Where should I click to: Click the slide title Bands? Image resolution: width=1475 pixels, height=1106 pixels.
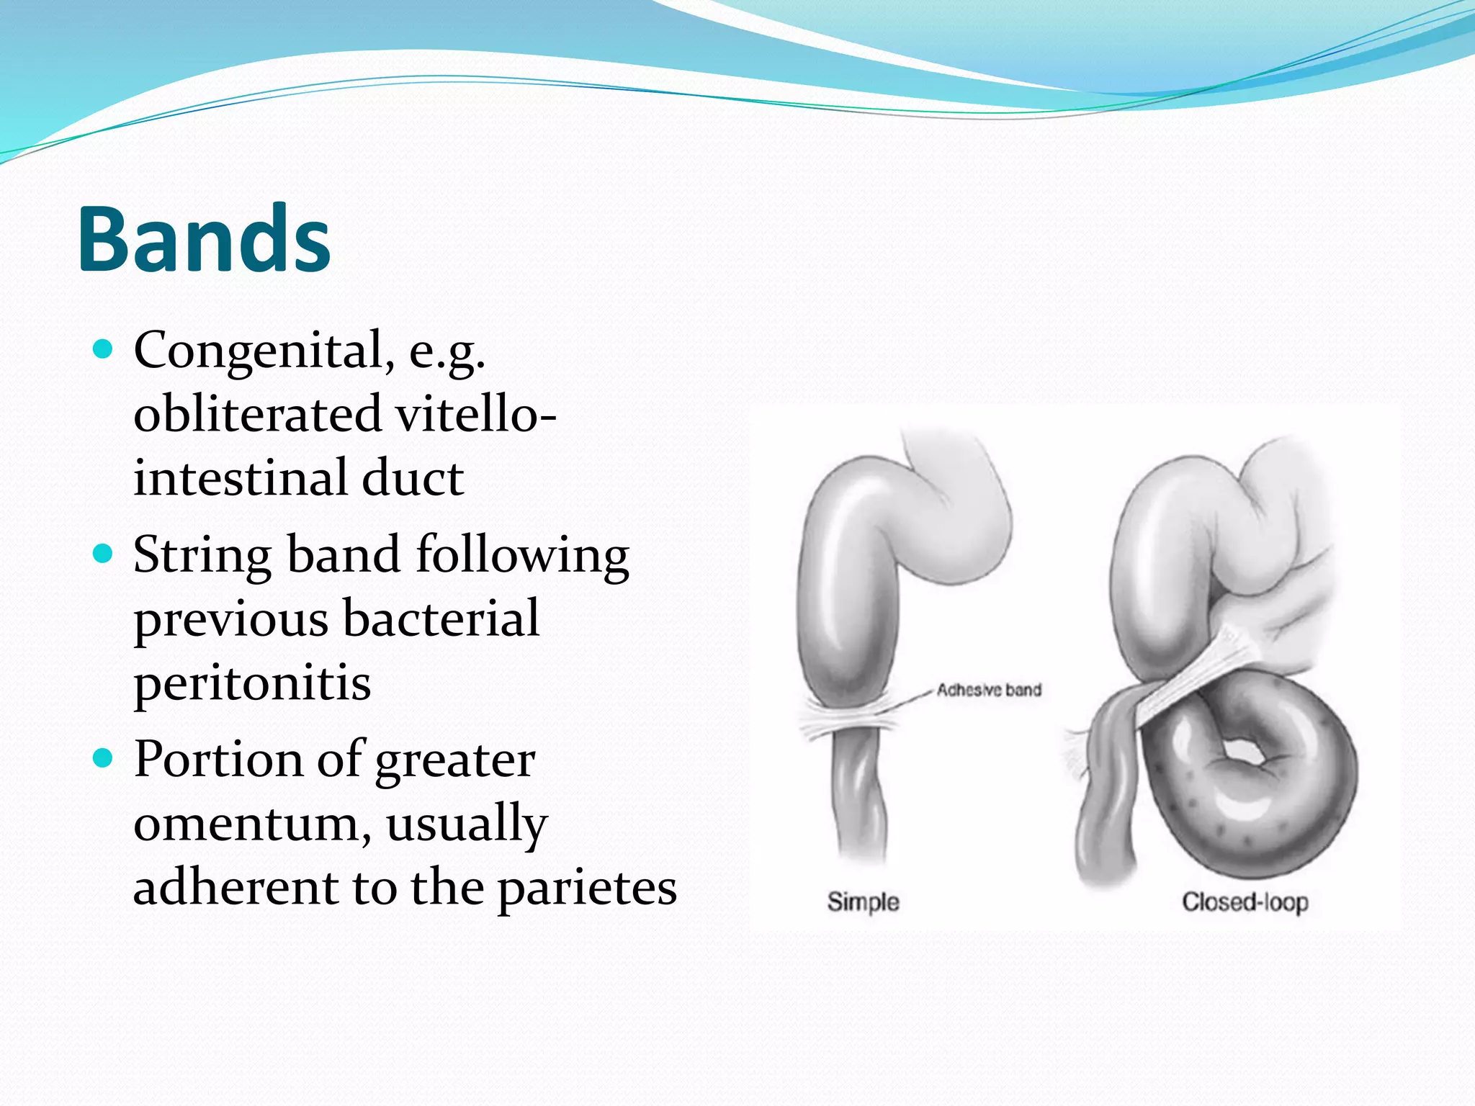click(204, 239)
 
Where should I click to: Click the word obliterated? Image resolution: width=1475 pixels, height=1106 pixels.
click(257, 414)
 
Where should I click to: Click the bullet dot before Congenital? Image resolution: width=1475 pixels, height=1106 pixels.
click(104, 350)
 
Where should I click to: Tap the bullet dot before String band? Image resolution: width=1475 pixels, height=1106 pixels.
click(104, 554)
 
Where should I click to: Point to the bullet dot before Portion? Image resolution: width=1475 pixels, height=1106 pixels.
click(104, 758)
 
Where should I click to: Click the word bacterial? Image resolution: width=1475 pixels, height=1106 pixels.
click(441, 619)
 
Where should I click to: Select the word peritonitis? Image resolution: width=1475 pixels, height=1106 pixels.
click(252, 683)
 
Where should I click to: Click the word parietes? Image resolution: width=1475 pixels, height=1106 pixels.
click(587, 887)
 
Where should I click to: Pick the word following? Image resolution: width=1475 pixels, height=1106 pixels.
click(522, 555)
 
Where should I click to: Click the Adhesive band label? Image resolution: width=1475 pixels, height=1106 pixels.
click(988, 690)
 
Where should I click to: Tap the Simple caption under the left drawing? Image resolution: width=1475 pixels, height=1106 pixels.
click(863, 902)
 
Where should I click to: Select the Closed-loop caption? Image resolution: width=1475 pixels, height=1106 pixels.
click(1245, 902)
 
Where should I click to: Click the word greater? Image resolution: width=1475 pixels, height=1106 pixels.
click(454, 760)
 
